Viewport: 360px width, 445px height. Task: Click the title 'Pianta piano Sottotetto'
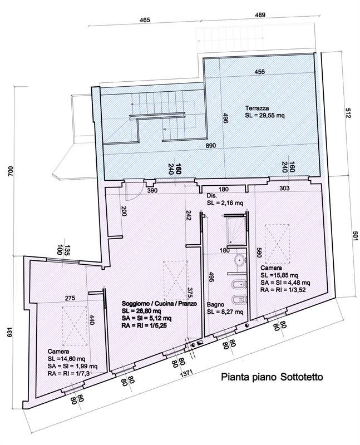point(272,377)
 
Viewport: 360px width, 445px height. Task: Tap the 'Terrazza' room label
point(257,108)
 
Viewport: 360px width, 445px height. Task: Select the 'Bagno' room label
point(215,304)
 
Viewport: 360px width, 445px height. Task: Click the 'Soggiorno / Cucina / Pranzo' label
point(159,303)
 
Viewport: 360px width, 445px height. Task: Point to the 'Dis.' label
point(212,196)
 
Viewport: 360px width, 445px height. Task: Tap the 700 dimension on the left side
point(11,171)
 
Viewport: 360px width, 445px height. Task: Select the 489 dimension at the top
point(260,15)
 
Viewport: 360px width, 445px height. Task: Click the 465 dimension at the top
point(145,20)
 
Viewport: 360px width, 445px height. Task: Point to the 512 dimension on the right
point(348,113)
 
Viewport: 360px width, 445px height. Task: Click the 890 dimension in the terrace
point(211,145)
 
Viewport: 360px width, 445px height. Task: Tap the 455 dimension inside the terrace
point(259,72)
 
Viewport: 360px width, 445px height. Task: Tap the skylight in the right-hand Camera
point(277,244)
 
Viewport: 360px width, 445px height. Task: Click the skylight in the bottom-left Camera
point(75,326)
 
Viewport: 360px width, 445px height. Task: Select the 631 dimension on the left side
point(11,333)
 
